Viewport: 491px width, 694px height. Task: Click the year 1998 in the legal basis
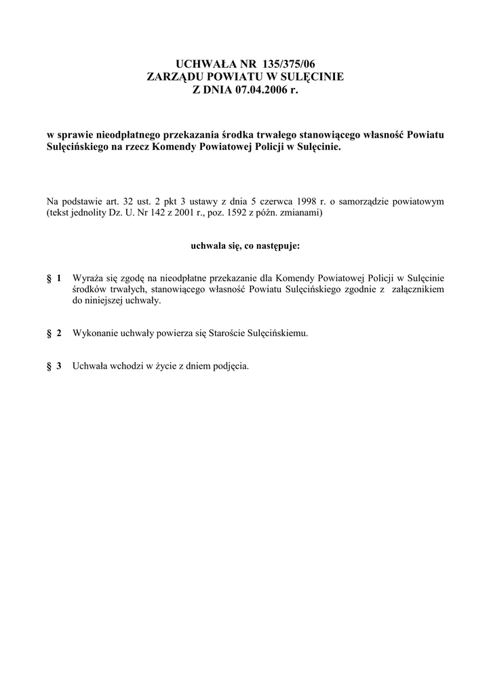point(298,201)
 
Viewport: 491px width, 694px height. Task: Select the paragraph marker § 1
point(54,279)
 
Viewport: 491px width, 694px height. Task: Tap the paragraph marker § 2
point(54,333)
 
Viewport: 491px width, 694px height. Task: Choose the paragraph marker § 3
point(54,367)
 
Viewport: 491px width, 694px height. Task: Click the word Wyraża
point(86,279)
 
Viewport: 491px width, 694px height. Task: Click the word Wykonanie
point(94,333)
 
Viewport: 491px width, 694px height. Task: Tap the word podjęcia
point(231,367)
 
